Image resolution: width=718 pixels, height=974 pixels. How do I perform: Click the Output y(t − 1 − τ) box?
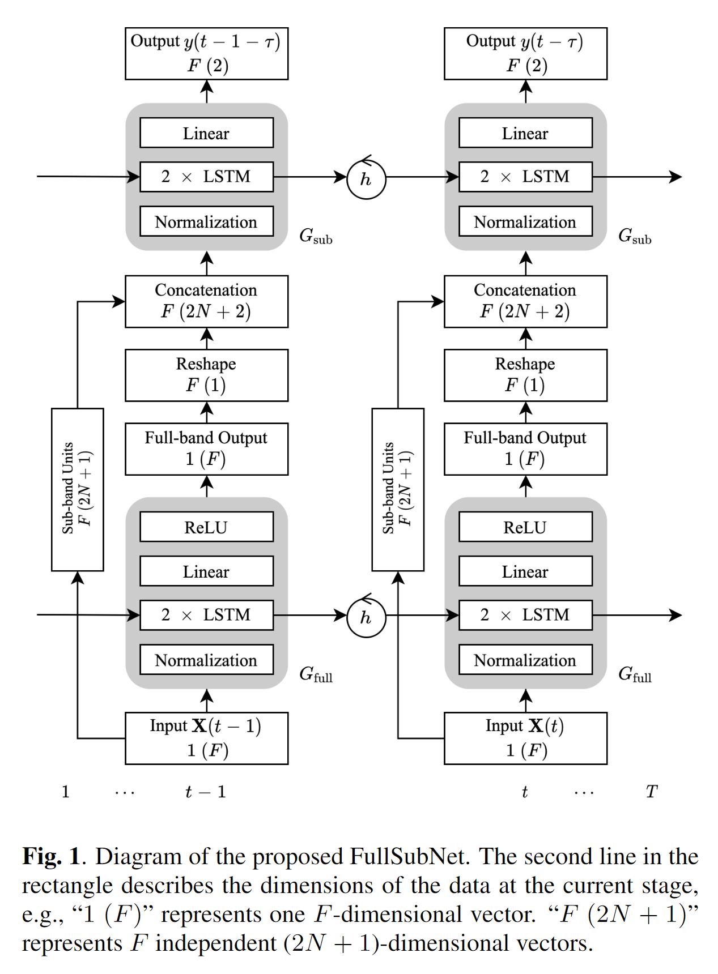click(x=206, y=53)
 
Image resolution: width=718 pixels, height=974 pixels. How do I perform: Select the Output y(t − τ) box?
click(x=525, y=53)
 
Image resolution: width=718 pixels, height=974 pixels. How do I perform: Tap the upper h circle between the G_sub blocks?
click(x=366, y=180)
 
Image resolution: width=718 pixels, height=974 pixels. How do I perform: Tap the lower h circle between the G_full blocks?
click(x=366, y=617)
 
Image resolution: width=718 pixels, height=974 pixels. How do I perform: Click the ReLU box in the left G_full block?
click(x=206, y=527)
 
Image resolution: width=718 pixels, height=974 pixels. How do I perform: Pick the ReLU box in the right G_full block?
click(x=525, y=527)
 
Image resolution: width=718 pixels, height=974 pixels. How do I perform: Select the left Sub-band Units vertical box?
click(x=77, y=489)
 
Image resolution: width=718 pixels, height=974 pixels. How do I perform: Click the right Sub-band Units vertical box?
click(x=397, y=489)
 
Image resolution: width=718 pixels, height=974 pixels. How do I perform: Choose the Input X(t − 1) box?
click(x=206, y=738)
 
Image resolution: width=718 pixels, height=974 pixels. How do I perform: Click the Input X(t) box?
click(x=525, y=738)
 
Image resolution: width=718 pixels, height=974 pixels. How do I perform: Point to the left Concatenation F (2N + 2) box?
click(x=206, y=301)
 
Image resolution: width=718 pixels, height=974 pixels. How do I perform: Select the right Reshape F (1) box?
click(x=525, y=375)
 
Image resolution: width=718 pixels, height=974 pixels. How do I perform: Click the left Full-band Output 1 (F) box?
click(x=206, y=448)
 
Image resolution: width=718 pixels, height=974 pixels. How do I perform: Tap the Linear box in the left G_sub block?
click(x=206, y=133)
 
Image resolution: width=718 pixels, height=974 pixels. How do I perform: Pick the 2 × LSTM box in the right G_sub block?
click(x=525, y=177)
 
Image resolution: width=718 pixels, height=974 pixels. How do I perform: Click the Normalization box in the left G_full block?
click(x=206, y=660)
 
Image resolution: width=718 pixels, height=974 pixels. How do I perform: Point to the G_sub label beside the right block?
click(x=634, y=236)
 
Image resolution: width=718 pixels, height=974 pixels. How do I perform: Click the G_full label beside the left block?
click(x=316, y=674)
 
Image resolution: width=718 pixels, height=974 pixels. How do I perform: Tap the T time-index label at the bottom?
click(x=652, y=791)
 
